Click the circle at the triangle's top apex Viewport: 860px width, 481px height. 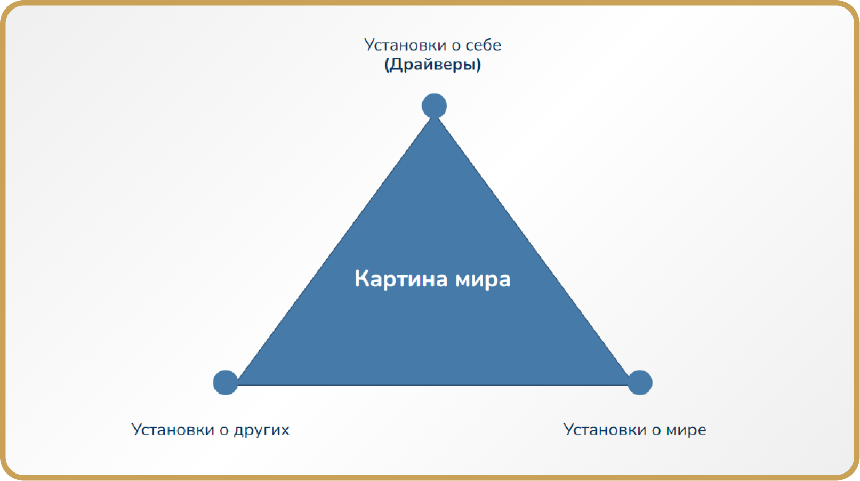pyautogui.click(x=434, y=106)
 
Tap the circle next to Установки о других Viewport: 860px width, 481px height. pyautogui.click(x=226, y=382)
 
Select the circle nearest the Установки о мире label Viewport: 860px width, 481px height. pyautogui.click(x=640, y=382)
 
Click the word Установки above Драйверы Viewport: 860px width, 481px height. pyautogui.click(x=405, y=45)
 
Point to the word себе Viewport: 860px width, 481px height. pyautogui.click(x=484, y=45)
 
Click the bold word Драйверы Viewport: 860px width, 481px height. pyautogui.click(x=433, y=65)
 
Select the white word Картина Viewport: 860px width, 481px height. pyautogui.click(x=401, y=279)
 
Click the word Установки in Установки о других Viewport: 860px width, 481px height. pyautogui.click(x=172, y=430)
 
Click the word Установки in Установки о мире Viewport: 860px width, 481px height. pyautogui.click(x=604, y=430)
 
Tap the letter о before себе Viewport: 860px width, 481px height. pyautogui.click(x=456, y=47)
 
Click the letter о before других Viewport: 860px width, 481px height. pyautogui.click(x=224, y=431)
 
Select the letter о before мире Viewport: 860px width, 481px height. pyautogui.click(x=656, y=431)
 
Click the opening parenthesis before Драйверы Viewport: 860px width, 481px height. pyautogui.click(x=387, y=65)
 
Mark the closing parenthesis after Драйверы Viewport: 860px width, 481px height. pyautogui.click(x=478, y=65)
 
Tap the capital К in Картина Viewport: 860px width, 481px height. pyautogui.click(x=361, y=279)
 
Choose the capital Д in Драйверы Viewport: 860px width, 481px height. pyautogui.click(x=397, y=65)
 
